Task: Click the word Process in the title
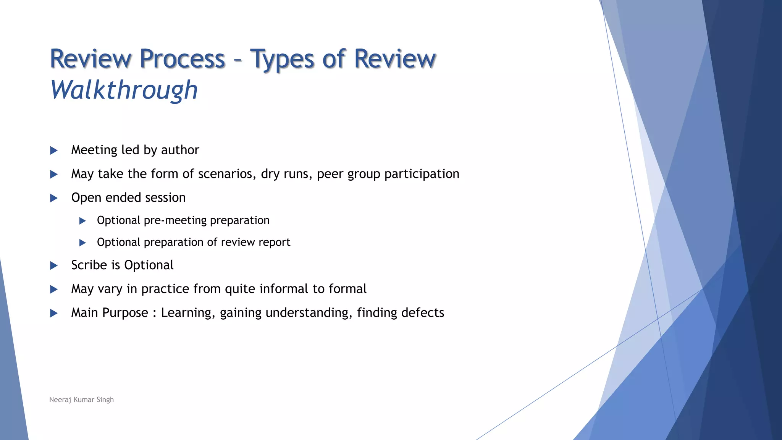click(x=182, y=59)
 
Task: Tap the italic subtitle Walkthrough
click(x=124, y=91)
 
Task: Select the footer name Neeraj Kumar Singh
click(x=81, y=400)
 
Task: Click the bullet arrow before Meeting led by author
click(x=54, y=150)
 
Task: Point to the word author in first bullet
click(x=180, y=150)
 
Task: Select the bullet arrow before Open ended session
click(x=54, y=198)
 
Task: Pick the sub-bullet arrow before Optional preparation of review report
click(x=82, y=243)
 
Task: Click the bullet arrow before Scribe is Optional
click(x=54, y=266)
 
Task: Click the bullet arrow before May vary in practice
click(x=54, y=290)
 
